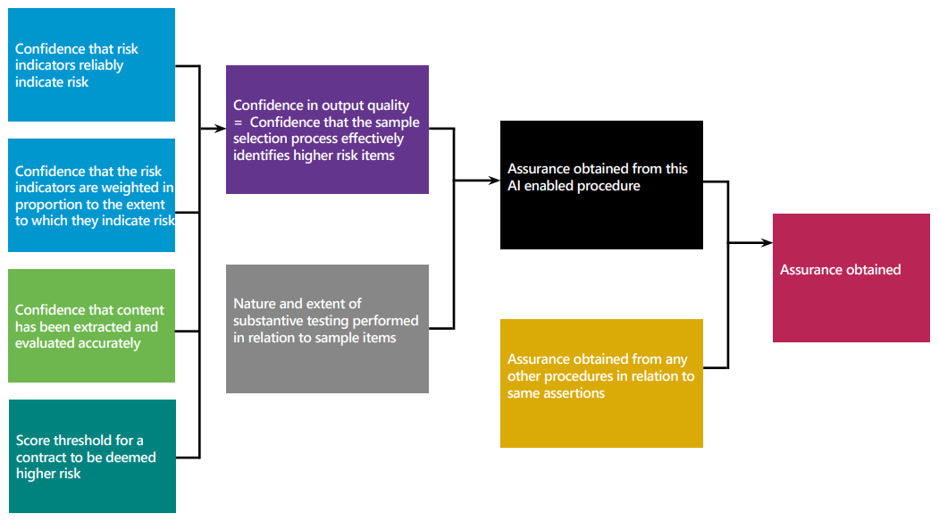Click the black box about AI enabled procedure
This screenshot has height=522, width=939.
tap(601, 185)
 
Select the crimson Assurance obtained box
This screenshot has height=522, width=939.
tap(851, 278)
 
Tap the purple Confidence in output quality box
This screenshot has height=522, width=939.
tap(327, 130)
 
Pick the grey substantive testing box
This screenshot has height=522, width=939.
tap(327, 328)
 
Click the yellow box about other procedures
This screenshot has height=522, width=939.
tap(601, 383)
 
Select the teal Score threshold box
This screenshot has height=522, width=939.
tap(92, 456)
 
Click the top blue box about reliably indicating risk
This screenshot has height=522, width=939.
tap(91, 65)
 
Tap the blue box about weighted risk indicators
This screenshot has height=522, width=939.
tap(91, 196)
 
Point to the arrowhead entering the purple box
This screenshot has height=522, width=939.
tap(221, 129)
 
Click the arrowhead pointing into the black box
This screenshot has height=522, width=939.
tap(495, 181)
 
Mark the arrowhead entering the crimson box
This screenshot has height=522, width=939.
tap(767, 242)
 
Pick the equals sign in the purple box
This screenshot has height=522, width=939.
tap(238, 122)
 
